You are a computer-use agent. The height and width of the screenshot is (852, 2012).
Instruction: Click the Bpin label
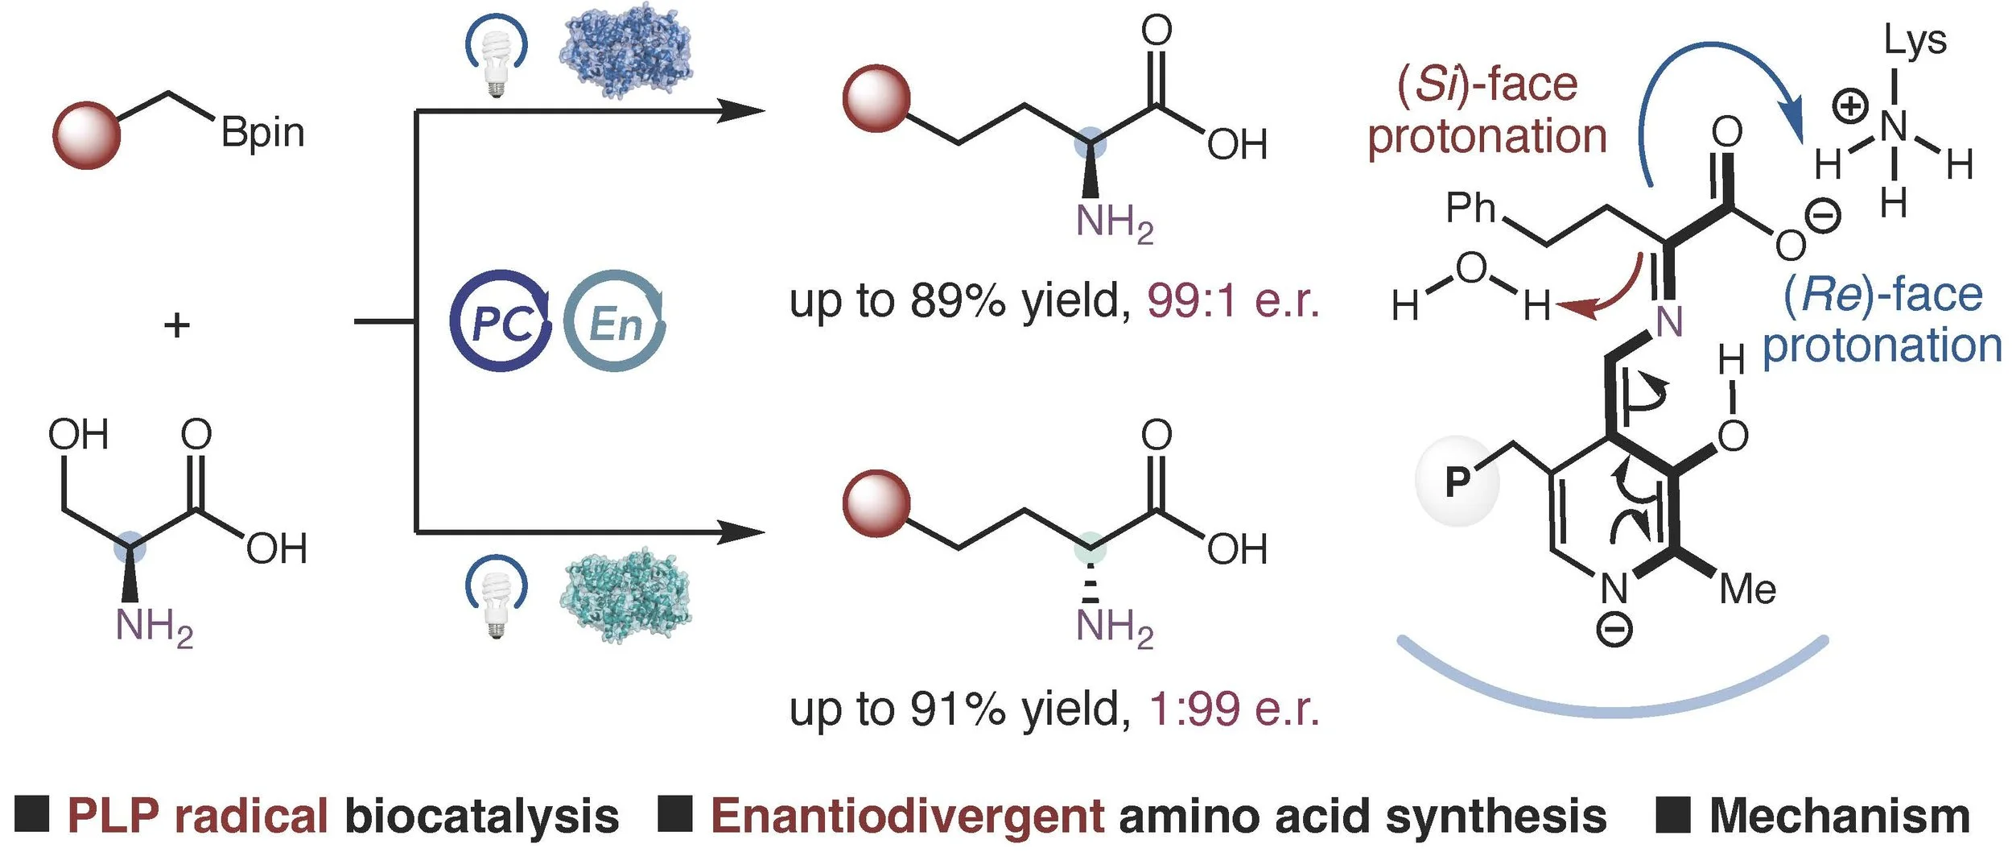262,134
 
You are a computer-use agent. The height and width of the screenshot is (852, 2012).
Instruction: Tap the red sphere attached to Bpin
86,135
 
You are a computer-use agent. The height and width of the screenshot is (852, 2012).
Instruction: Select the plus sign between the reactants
177,325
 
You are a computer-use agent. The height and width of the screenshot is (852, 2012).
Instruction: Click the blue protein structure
626,50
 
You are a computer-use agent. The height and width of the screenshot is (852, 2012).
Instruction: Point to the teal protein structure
626,594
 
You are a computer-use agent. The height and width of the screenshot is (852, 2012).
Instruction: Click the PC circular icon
501,321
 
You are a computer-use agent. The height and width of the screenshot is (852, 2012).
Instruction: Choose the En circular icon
615,321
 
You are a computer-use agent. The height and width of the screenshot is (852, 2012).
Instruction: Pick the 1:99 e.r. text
1233,709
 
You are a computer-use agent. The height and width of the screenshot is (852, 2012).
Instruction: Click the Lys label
1915,40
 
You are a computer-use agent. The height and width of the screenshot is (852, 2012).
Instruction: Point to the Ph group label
1470,208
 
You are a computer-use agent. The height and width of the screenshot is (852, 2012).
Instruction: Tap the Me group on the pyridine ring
1747,589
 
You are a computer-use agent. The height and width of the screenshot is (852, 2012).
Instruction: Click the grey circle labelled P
1457,482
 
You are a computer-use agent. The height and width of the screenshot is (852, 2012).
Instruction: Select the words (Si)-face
1487,85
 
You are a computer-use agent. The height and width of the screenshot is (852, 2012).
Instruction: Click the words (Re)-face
1883,295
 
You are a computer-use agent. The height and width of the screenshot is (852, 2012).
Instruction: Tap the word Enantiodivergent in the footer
907,816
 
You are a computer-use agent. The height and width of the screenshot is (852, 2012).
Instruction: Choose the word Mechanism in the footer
1839,816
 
